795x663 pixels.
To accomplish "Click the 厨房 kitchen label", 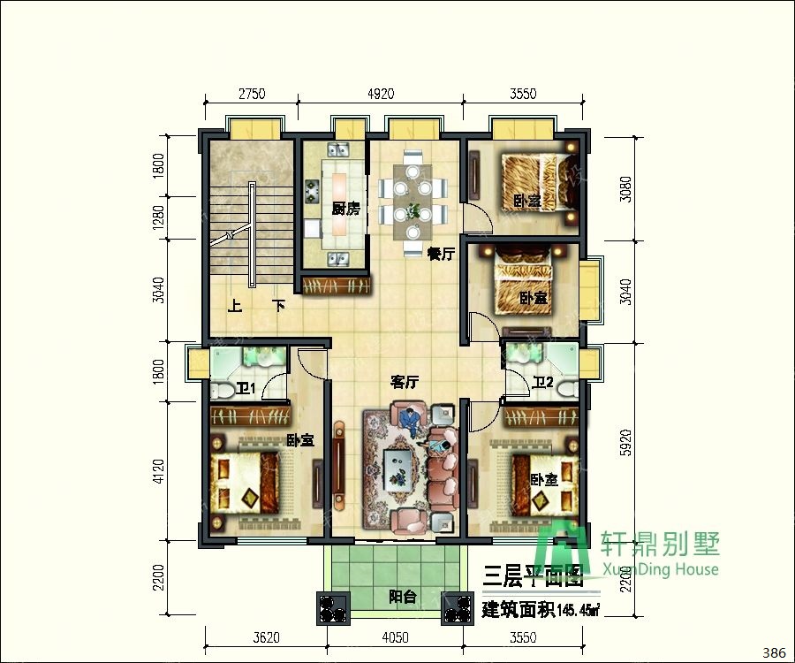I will [346, 210].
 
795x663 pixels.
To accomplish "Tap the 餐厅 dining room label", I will [441, 255].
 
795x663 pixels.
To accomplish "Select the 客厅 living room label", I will [405, 383].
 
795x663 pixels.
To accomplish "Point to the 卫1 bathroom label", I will [245, 389].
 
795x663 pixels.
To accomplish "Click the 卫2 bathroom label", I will [542, 383].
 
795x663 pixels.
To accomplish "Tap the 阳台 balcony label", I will [403, 597].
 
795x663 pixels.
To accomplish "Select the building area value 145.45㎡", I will [578, 610].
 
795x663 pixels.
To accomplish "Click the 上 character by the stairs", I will [235, 308].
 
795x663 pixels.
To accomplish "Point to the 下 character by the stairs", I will [279, 308].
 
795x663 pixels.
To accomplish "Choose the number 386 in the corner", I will [773, 652].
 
